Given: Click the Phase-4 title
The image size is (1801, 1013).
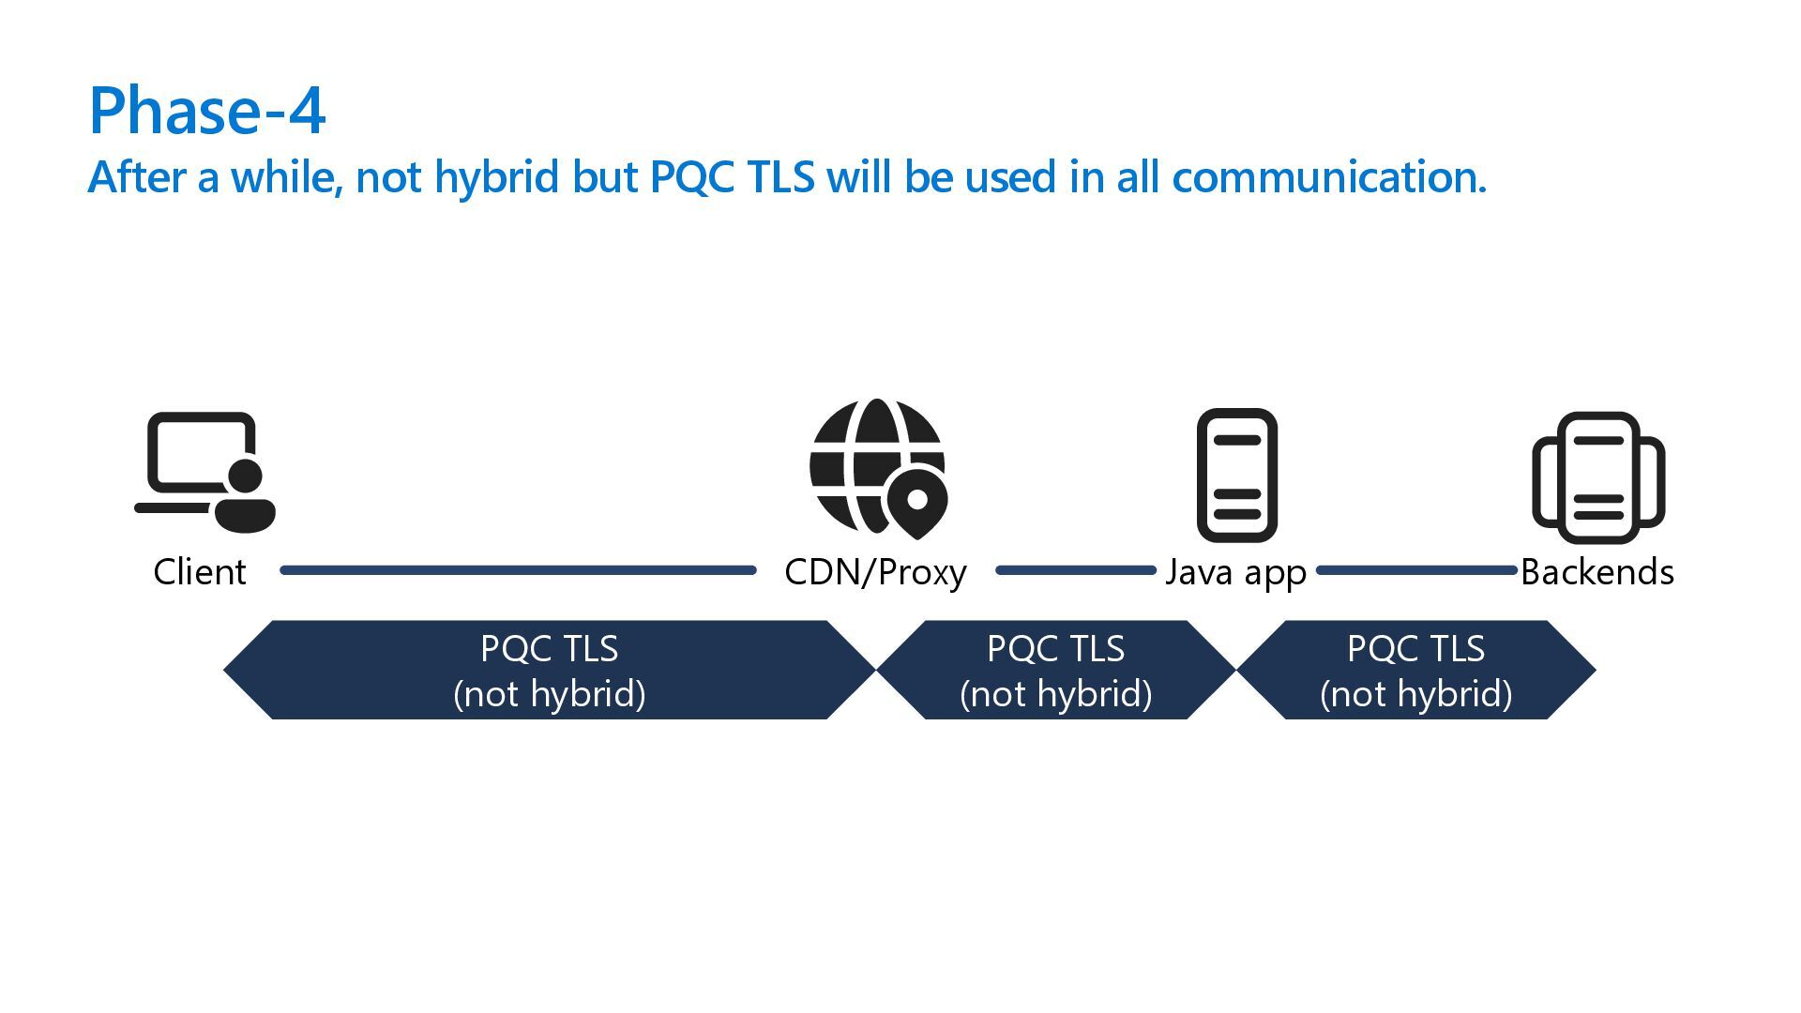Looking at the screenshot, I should point(206,111).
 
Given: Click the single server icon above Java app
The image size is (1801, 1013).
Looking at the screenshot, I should point(1236,475).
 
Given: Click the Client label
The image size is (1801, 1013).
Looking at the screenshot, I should point(200,572).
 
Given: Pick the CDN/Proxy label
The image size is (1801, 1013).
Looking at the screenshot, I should point(875,572).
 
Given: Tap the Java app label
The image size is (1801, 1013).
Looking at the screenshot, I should point(1235,572).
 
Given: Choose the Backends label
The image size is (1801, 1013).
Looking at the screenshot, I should point(1597,572).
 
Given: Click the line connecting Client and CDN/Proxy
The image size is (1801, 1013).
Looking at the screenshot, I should point(518,570).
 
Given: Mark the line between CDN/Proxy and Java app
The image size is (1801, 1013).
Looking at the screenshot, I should point(1075,570).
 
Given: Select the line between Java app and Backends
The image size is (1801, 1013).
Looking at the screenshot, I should point(1416,570).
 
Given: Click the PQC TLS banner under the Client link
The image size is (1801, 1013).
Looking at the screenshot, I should point(550,670).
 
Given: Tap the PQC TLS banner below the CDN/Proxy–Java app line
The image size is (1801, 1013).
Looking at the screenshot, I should point(1056,670).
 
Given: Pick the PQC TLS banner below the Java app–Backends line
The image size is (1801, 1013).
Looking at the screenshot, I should point(1416,670).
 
